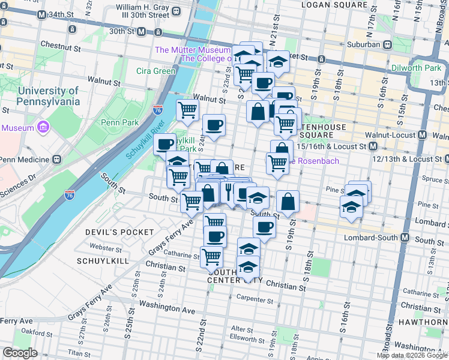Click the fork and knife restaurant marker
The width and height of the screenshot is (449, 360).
coord(229,191)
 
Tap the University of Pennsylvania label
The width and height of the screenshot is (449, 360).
coord(48,96)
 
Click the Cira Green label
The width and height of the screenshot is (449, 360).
coord(155,71)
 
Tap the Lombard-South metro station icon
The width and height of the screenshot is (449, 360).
coord(405,238)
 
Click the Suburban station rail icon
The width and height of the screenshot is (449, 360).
coord(388,44)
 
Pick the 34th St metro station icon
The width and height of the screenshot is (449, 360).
coord(41,14)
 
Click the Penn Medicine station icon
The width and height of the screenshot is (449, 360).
coord(56,160)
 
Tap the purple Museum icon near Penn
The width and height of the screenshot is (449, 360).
coord(43,127)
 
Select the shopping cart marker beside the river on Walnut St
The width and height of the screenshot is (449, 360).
coord(187,110)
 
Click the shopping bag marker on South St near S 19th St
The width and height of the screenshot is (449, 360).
coord(288,202)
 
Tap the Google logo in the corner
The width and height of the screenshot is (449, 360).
coord(20,353)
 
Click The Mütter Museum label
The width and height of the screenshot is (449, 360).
coord(192,50)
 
